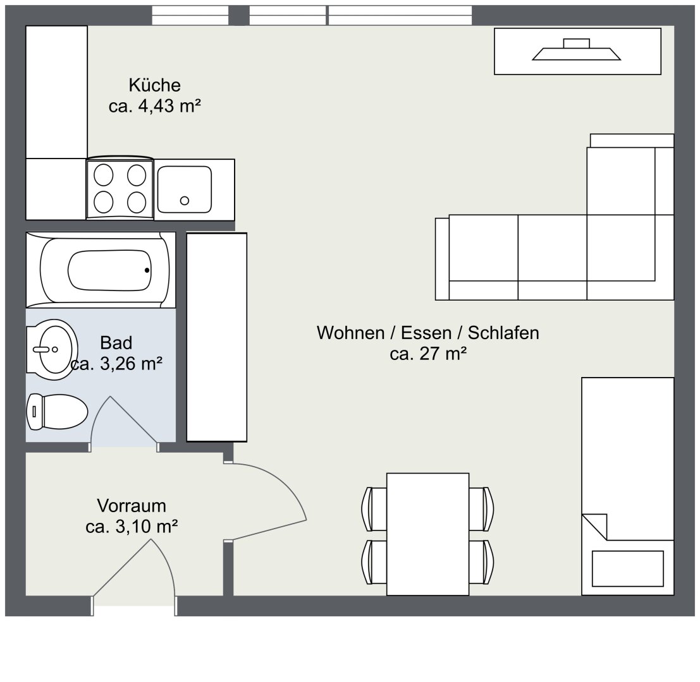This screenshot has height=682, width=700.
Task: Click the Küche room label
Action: (x=154, y=85)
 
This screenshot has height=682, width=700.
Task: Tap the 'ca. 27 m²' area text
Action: (x=428, y=354)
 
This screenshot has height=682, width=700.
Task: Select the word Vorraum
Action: (x=132, y=505)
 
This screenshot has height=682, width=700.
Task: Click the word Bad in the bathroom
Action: (x=116, y=343)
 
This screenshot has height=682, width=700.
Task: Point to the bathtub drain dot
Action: (x=147, y=270)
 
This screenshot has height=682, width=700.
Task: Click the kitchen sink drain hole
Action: (x=185, y=201)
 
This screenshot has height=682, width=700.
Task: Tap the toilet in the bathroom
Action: (x=57, y=412)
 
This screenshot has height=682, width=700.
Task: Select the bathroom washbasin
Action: (x=52, y=349)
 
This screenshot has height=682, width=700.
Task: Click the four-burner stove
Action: (x=120, y=189)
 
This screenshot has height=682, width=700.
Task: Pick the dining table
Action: (x=427, y=534)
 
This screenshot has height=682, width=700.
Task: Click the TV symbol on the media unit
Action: (x=576, y=49)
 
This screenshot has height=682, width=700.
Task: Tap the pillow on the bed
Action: (x=628, y=568)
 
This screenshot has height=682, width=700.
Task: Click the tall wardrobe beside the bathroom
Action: (x=216, y=337)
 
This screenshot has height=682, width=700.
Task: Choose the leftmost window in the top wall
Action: (x=190, y=15)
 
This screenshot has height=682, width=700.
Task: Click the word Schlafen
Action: (x=503, y=333)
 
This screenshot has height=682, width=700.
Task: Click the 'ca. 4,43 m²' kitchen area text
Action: (x=154, y=106)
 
